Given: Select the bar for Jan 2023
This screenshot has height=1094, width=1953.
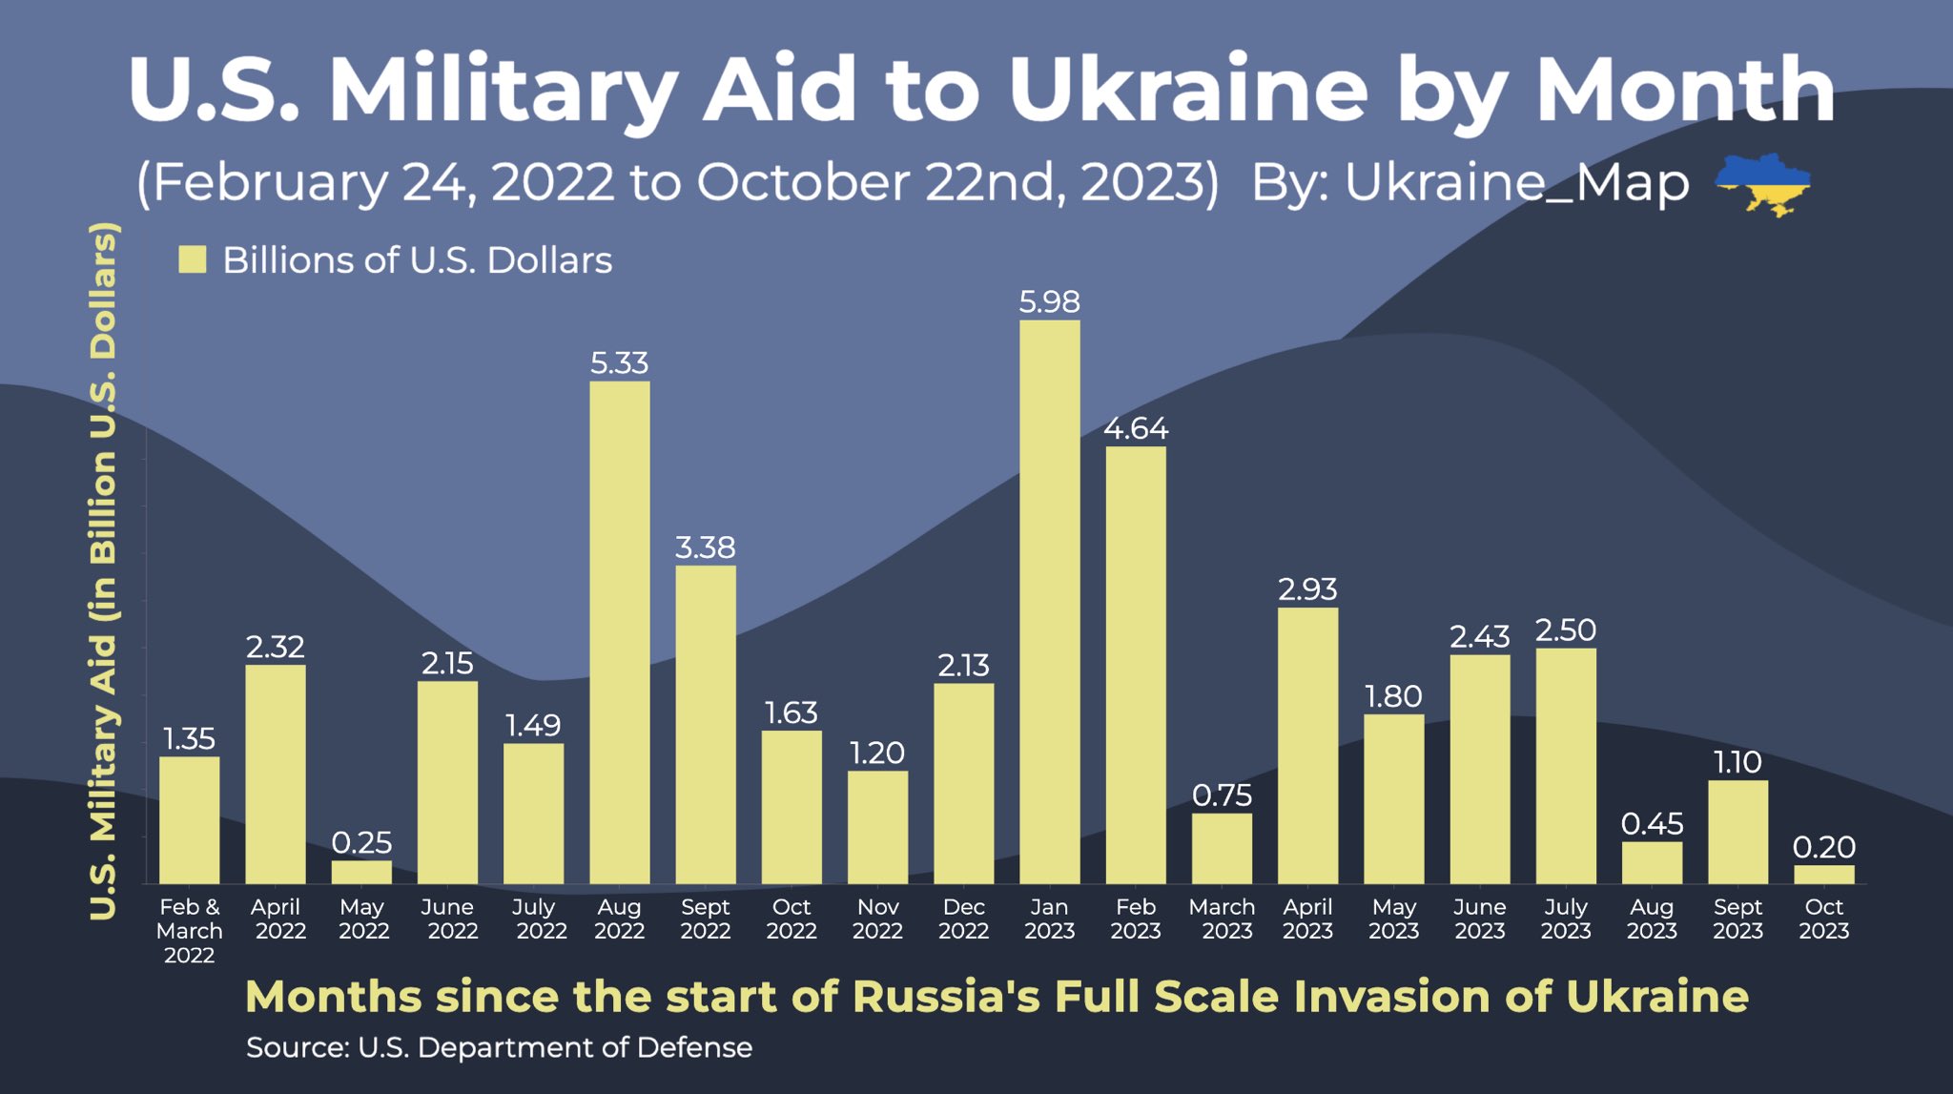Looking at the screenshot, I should (1049, 601).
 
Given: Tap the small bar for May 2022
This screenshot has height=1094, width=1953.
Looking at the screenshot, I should (361, 872).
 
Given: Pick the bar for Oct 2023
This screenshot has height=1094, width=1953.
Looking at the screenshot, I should (1823, 874).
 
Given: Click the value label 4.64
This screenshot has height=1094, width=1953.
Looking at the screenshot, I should (1135, 428).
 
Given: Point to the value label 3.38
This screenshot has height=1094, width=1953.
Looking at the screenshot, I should (705, 547).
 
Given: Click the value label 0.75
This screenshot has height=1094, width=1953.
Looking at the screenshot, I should (1222, 795).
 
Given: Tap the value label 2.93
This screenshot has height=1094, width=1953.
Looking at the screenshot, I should (1307, 589).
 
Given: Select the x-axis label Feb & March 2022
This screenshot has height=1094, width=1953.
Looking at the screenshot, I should (189, 930).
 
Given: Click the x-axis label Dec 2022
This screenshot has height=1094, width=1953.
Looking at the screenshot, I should (963, 919).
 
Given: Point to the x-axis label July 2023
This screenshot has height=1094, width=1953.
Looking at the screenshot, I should (1565, 919).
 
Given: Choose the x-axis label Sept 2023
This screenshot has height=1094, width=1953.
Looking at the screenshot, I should (1737, 919).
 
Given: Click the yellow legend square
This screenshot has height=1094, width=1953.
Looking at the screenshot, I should (193, 259).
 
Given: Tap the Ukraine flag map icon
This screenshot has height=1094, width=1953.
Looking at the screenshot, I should (1762, 183).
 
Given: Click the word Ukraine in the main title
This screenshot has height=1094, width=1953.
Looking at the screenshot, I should (1187, 90).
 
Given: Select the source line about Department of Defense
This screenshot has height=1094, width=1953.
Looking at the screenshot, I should (499, 1047).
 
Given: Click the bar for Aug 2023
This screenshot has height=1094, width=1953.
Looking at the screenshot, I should (1652, 862).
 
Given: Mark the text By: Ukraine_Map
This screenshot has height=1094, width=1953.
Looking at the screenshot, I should (1470, 182).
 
